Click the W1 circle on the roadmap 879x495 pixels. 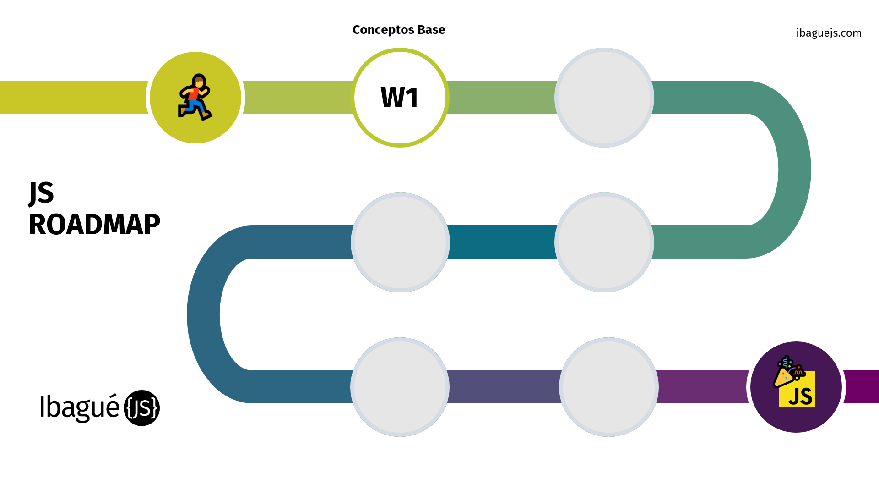[x=400, y=98]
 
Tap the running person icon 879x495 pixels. [x=195, y=97]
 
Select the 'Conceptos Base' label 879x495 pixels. [x=399, y=30]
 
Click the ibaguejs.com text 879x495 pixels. [x=829, y=33]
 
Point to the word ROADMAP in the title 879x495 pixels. [x=94, y=225]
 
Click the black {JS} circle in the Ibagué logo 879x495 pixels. [x=142, y=408]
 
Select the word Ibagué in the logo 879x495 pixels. [x=80, y=407]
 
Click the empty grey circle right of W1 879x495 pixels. [x=604, y=98]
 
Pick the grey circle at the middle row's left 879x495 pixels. [x=400, y=242]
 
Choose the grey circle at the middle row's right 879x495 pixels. [x=604, y=242]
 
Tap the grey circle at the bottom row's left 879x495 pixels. [x=400, y=387]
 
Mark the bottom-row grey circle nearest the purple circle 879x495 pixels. [x=609, y=387]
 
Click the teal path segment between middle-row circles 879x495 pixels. [x=502, y=242]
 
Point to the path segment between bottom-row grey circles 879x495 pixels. [x=504, y=387]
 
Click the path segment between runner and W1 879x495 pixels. [x=298, y=97]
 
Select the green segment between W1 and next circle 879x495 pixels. [x=502, y=97]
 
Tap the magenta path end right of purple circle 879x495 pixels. [x=862, y=387]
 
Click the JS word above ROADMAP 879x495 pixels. [x=41, y=193]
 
